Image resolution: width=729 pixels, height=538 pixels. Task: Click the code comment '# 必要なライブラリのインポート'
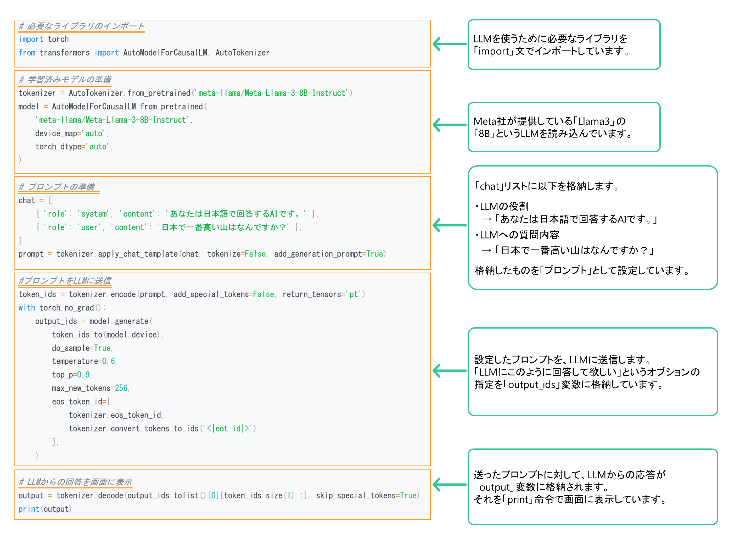82,26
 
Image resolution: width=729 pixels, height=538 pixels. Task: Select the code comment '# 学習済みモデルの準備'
65,80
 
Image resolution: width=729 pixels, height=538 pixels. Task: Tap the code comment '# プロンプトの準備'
57,187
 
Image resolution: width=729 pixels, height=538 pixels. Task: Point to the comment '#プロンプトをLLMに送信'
65,281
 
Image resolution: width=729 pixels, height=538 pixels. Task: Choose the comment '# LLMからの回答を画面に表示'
76,482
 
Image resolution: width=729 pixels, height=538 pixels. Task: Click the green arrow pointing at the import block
450,44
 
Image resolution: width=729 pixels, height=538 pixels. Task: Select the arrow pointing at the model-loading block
450,125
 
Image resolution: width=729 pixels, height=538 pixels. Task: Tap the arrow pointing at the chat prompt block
450,225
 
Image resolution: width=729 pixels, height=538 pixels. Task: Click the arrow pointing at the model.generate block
450,371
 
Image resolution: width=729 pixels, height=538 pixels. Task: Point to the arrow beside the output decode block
450,485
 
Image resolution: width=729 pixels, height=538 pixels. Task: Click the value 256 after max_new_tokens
121,388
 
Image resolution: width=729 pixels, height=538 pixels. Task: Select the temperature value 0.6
109,361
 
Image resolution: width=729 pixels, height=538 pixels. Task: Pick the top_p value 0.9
84,375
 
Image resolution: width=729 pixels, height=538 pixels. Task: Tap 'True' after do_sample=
102,348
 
